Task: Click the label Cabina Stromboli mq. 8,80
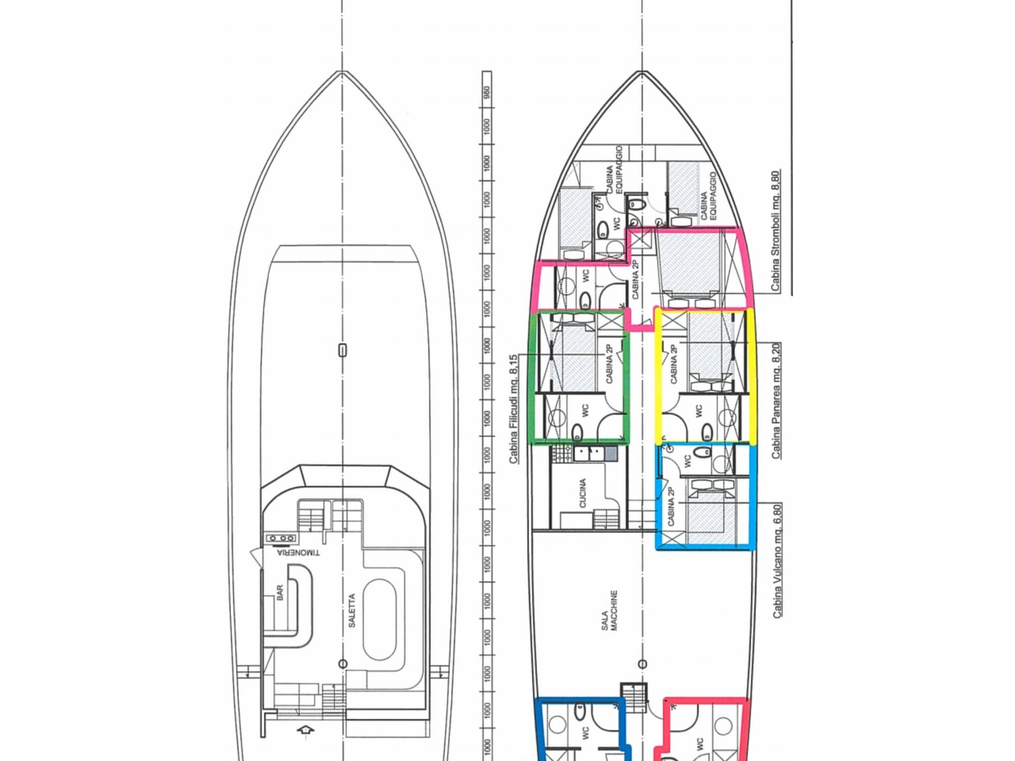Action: [x=775, y=230]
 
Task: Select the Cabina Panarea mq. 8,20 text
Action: [x=776, y=401]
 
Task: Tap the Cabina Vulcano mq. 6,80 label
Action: [x=777, y=561]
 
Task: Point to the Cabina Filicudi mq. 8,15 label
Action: [x=513, y=409]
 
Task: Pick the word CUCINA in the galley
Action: [x=583, y=493]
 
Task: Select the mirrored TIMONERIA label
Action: [x=298, y=553]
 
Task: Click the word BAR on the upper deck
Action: [x=280, y=592]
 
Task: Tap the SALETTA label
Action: [x=352, y=610]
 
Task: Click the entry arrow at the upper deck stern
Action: [x=305, y=730]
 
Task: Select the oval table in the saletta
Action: [x=379, y=619]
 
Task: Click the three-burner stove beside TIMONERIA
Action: [x=281, y=538]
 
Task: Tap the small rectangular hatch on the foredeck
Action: [x=343, y=350]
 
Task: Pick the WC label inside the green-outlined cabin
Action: [x=585, y=411]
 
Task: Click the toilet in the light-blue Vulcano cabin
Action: [x=702, y=452]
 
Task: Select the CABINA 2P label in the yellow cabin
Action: [x=673, y=364]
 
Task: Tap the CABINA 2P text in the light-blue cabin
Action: [x=671, y=506]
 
